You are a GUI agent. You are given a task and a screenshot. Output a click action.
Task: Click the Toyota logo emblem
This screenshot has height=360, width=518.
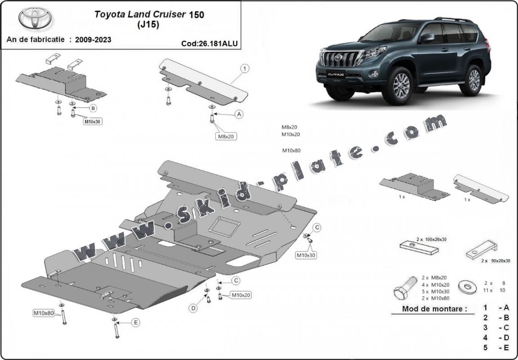(x=35, y=18)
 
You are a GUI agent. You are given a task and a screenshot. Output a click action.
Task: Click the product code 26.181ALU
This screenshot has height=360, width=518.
(x=209, y=44)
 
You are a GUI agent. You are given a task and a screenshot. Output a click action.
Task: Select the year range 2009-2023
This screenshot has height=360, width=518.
(x=93, y=40)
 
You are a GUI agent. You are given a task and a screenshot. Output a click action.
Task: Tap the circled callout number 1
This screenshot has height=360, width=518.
(x=245, y=69)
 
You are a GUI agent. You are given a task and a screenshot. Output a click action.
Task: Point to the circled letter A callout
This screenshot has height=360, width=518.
(x=239, y=115)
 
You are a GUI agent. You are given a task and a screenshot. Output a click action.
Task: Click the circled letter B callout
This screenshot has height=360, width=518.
(x=93, y=108)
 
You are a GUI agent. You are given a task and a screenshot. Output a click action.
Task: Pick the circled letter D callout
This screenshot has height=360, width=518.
(x=193, y=308)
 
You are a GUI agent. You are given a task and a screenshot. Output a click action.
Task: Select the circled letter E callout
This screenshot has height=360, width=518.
(x=135, y=322)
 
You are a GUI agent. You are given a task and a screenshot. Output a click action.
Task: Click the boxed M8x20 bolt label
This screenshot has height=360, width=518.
(x=227, y=136)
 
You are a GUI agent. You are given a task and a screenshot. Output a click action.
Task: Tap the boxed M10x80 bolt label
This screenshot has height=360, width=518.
(x=44, y=313)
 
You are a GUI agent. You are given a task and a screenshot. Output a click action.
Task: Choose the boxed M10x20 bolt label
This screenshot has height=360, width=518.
(x=241, y=295)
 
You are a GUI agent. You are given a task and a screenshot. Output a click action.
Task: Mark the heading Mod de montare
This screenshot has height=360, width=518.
(x=429, y=309)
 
